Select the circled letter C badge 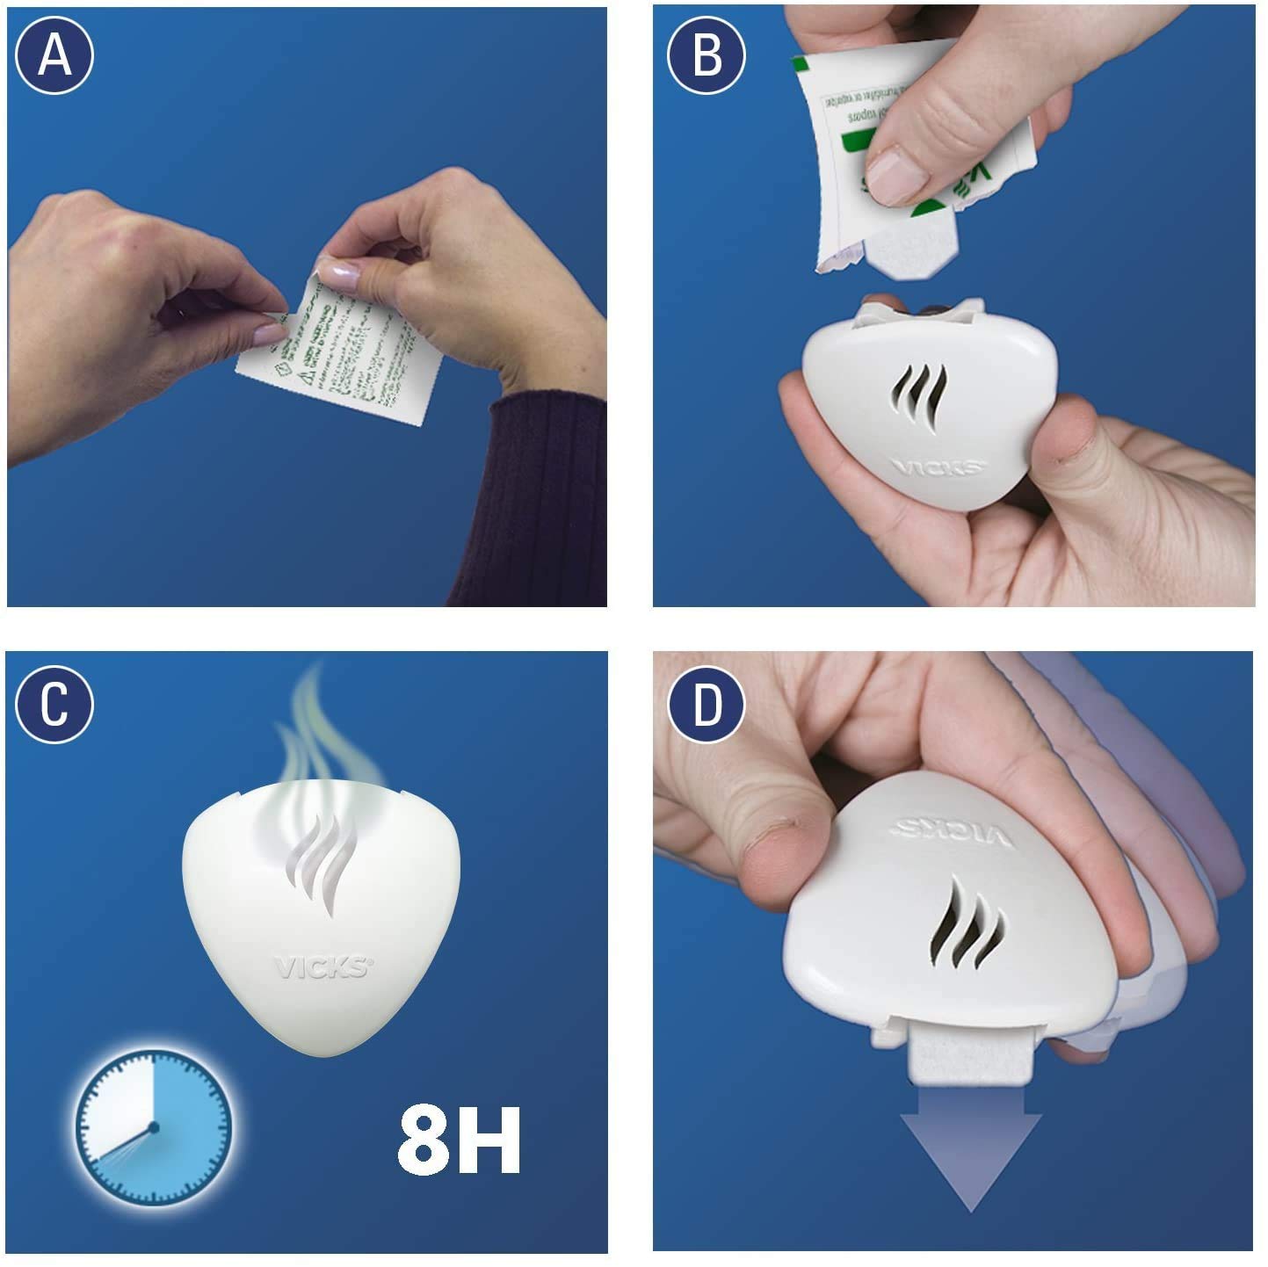[54, 704]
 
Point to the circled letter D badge [706, 704]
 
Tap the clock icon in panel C [153, 1126]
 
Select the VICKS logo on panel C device [322, 967]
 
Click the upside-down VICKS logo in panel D [953, 832]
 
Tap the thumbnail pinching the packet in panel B [898, 174]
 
